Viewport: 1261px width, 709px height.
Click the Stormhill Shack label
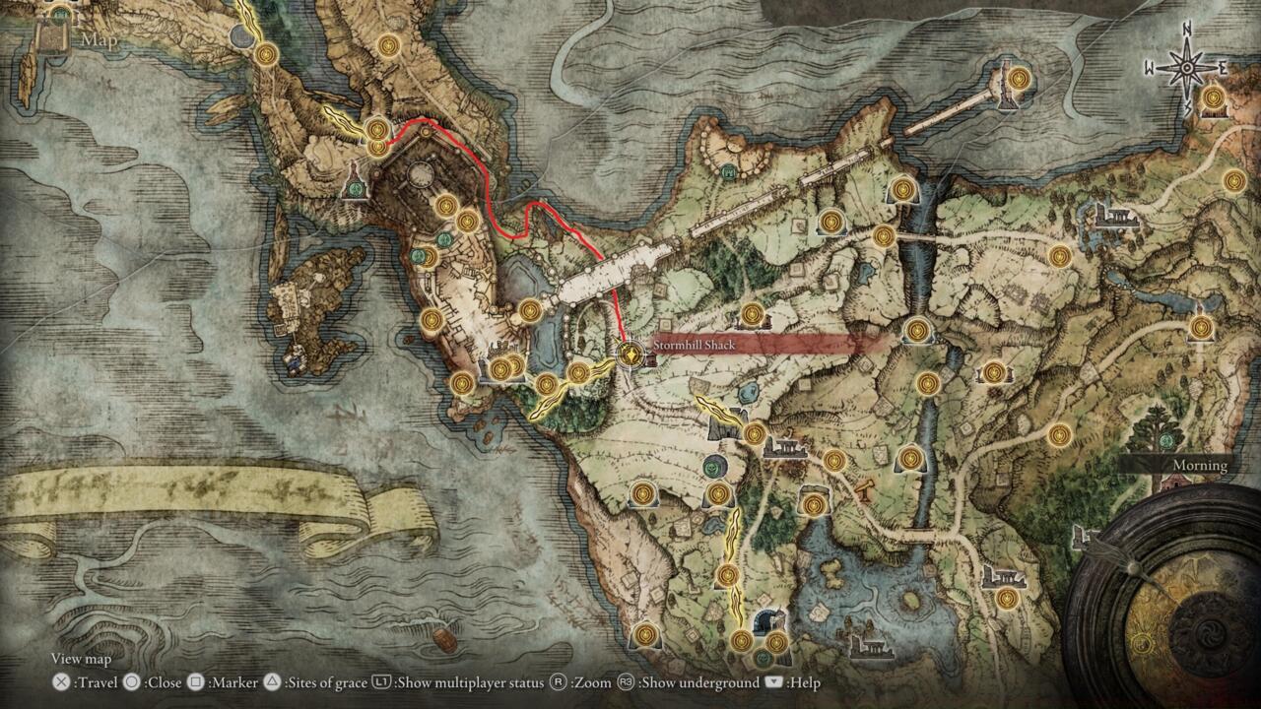tap(694, 346)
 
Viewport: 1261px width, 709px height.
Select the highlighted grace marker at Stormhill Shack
tap(629, 352)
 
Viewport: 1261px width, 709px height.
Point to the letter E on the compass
tap(1223, 68)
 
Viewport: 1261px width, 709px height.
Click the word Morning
tap(1199, 465)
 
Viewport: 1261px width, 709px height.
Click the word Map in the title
tap(100, 40)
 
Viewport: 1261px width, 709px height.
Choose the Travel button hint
tap(97, 682)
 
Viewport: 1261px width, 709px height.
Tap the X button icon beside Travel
tap(61, 682)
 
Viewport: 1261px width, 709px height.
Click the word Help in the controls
tap(803, 682)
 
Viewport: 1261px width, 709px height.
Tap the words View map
tap(81, 659)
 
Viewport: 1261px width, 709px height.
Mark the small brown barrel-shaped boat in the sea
tap(444, 640)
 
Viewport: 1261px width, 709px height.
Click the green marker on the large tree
tap(1167, 439)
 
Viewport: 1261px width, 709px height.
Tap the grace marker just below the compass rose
tap(1213, 98)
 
